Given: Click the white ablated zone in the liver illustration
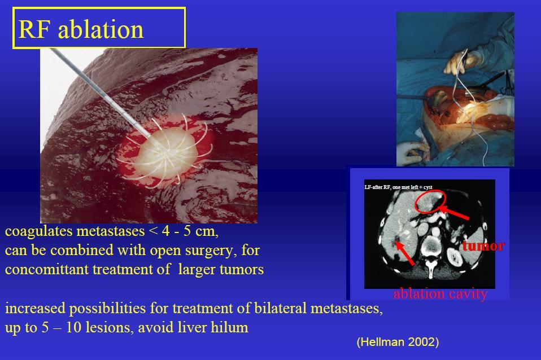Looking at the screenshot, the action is coord(164,154).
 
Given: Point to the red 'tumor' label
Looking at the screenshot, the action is coord(483,246).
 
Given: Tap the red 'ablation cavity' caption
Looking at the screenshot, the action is coord(440,294).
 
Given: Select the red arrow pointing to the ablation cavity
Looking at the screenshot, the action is coord(405,253).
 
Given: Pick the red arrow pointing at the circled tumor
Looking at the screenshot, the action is coord(454,212).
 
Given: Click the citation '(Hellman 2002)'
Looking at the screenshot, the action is coord(398,342).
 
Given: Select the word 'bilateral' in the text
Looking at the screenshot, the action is coord(280,308).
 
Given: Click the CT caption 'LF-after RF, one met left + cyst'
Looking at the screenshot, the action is coord(399,187).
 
